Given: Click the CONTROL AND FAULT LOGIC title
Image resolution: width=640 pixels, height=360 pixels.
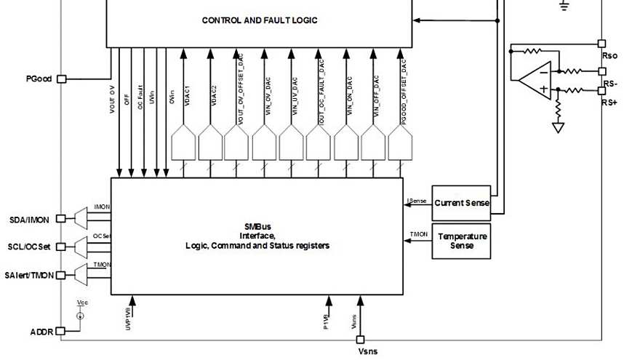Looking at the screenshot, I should click(260, 20).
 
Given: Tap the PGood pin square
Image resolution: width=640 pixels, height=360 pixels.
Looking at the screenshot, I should click(61, 79).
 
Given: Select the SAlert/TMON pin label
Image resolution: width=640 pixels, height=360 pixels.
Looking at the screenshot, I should click(28, 275).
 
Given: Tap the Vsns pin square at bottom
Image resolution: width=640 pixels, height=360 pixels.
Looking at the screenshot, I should click(361, 340).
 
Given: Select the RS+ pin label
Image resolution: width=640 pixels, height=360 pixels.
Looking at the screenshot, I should click(609, 103).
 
